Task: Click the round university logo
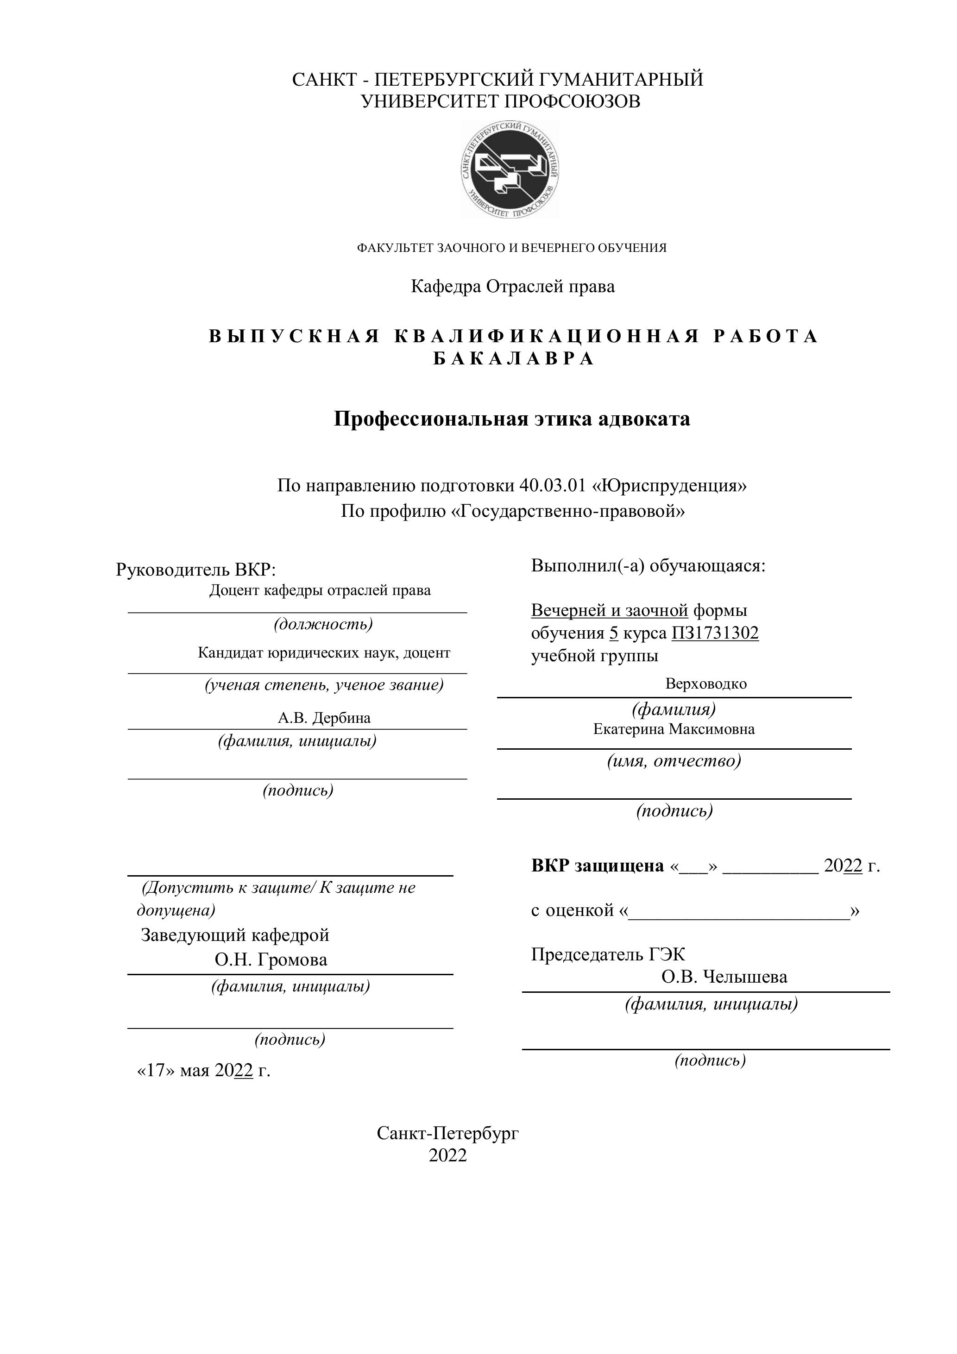click(510, 170)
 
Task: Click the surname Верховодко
click(705, 684)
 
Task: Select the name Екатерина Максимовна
click(674, 729)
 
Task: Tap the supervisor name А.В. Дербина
click(324, 718)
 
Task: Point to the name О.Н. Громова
click(271, 959)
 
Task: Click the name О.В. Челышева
click(724, 977)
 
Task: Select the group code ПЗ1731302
click(715, 633)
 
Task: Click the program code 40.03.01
click(552, 486)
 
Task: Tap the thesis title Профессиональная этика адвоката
click(511, 419)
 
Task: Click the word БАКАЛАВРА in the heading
click(514, 359)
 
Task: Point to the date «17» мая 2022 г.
click(203, 1070)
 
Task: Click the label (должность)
click(323, 624)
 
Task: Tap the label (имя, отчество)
click(674, 761)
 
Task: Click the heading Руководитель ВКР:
click(196, 570)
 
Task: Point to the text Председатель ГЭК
click(608, 954)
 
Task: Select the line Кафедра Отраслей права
click(513, 287)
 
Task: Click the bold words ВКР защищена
click(597, 866)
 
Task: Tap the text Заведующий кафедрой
click(235, 935)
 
